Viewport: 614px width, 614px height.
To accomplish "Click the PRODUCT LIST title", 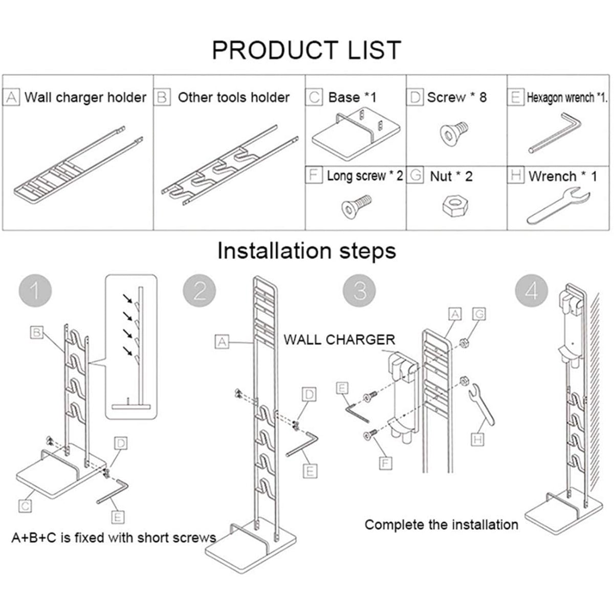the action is tap(306, 50).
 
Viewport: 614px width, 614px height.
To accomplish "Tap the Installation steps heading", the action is tap(306, 251).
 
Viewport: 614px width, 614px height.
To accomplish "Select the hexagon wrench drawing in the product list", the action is tap(555, 133).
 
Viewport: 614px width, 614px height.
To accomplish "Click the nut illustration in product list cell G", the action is tap(455, 205).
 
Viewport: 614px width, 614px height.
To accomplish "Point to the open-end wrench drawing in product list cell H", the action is tap(558, 207).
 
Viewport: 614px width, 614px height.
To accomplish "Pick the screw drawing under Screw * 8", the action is tap(453, 134).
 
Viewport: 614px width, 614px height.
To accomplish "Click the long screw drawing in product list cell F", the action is tap(356, 207).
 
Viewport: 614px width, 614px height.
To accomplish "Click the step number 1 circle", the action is tap(35, 291).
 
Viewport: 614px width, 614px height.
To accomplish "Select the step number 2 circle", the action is tap(200, 291).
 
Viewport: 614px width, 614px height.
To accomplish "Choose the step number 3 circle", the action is tap(359, 291).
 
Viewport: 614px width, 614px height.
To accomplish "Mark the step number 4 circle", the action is tap(532, 291).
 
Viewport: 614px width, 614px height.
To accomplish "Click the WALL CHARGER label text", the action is tap(339, 340).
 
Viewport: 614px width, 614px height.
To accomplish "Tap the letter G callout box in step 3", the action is tap(479, 314).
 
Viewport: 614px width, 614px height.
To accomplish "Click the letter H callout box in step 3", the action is tap(477, 440).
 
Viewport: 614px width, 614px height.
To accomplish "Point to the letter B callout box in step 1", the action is tap(37, 333).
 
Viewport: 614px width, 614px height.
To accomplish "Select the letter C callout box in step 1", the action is tap(25, 506).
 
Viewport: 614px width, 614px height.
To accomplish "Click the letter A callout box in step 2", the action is tap(222, 342).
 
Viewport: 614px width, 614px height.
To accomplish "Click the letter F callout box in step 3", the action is tap(386, 463).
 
